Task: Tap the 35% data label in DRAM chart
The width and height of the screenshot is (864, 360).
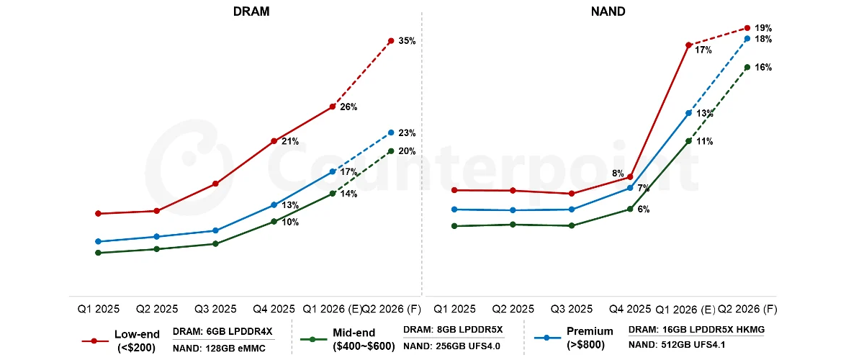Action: click(x=407, y=41)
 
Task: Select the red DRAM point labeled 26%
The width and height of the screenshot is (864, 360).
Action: click(x=332, y=107)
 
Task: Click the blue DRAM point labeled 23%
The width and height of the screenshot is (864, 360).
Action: click(x=391, y=132)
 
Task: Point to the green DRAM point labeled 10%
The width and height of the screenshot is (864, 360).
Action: click(x=274, y=221)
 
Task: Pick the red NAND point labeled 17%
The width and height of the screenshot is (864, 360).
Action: click(x=688, y=45)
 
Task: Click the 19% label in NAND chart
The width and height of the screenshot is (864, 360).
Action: click(x=763, y=28)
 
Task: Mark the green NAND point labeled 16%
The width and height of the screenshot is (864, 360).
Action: click(x=747, y=67)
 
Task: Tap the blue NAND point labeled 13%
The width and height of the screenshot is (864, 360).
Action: click(x=688, y=113)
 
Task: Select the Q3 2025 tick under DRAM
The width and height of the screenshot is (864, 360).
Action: click(x=215, y=308)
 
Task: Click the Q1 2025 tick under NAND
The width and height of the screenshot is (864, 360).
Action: click(x=454, y=308)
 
